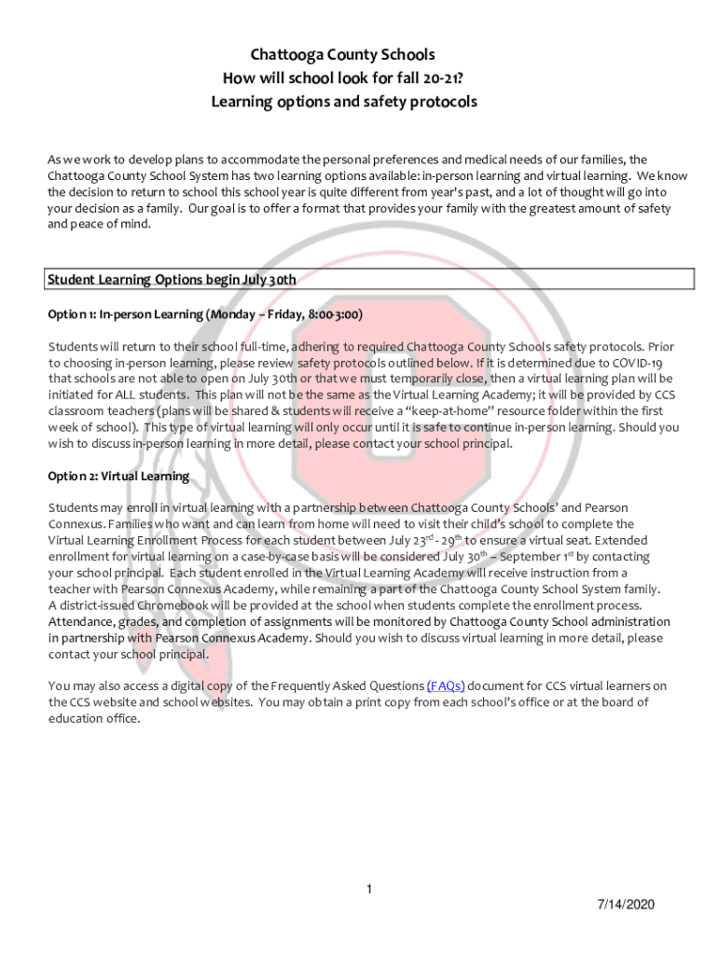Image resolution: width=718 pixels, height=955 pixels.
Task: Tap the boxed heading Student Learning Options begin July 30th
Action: (x=173, y=279)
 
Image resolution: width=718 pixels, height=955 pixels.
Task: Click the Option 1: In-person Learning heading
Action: (x=205, y=314)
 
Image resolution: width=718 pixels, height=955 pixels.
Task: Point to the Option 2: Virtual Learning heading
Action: (x=118, y=477)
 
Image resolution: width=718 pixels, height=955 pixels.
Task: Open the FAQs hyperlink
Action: (x=447, y=686)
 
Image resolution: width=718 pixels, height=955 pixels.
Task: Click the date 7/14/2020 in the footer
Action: (x=627, y=906)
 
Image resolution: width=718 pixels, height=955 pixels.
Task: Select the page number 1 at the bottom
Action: (x=368, y=890)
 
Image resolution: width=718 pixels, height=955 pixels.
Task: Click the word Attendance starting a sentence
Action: (x=81, y=621)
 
